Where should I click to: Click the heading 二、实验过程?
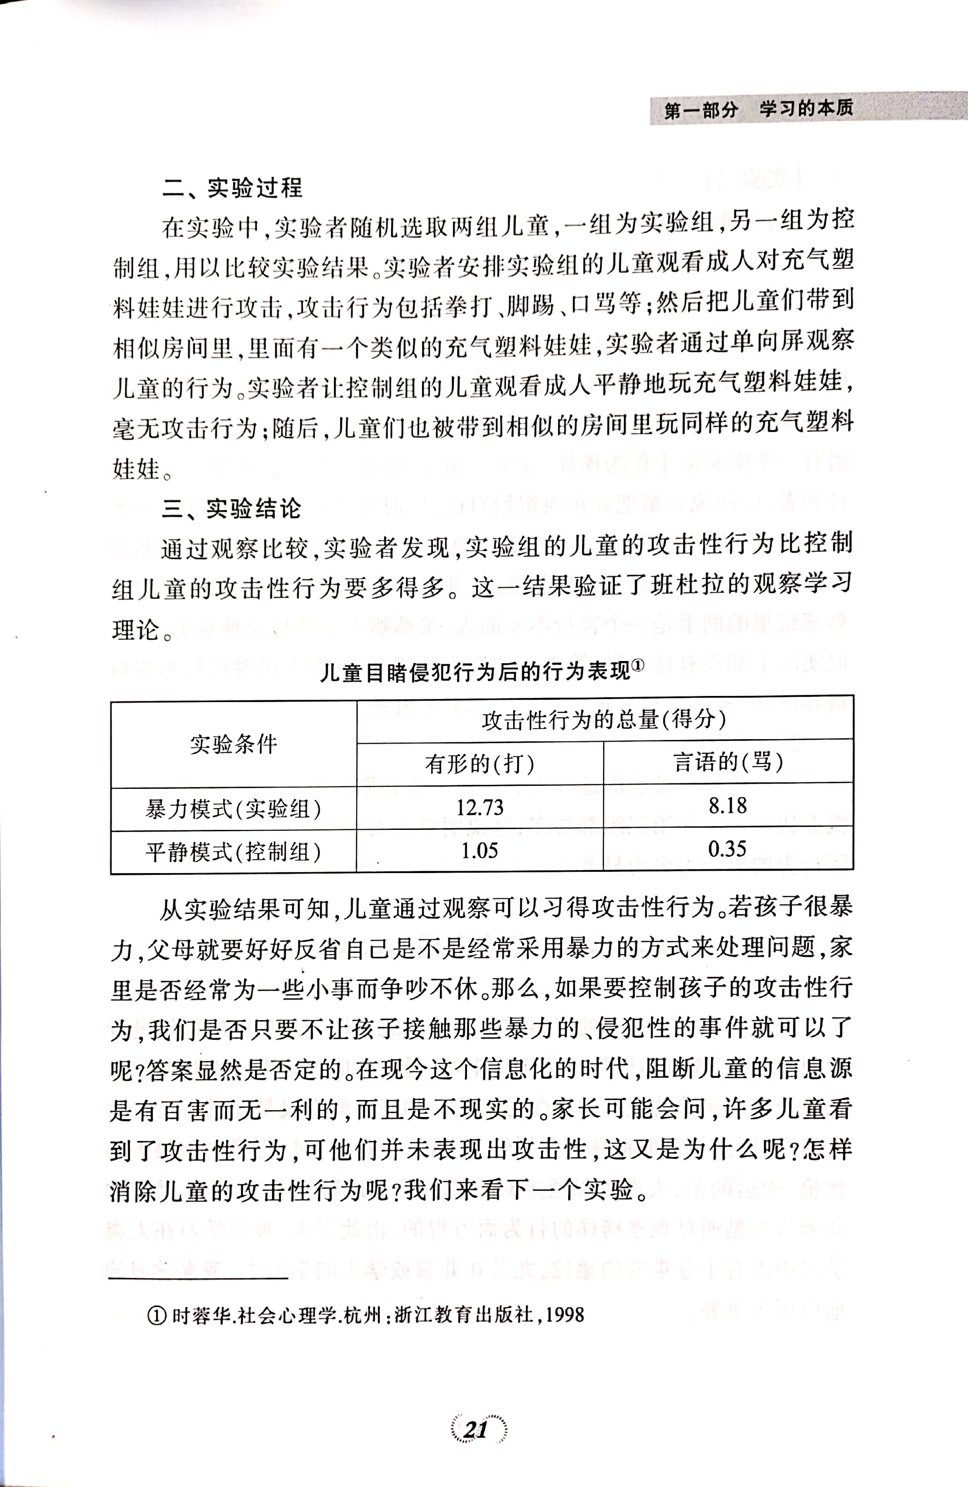click(x=232, y=188)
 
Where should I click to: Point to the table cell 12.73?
click(x=480, y=807)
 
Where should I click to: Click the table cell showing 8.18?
click(x=728, y=805)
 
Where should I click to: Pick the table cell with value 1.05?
click(x=480, y=850)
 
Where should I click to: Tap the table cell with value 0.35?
click(x=728, y=849)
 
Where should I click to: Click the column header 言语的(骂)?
click(x=728, y=762)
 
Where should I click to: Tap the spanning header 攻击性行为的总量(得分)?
click(x=604, y=720)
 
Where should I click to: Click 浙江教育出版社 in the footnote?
click(x=464, y=1315)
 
